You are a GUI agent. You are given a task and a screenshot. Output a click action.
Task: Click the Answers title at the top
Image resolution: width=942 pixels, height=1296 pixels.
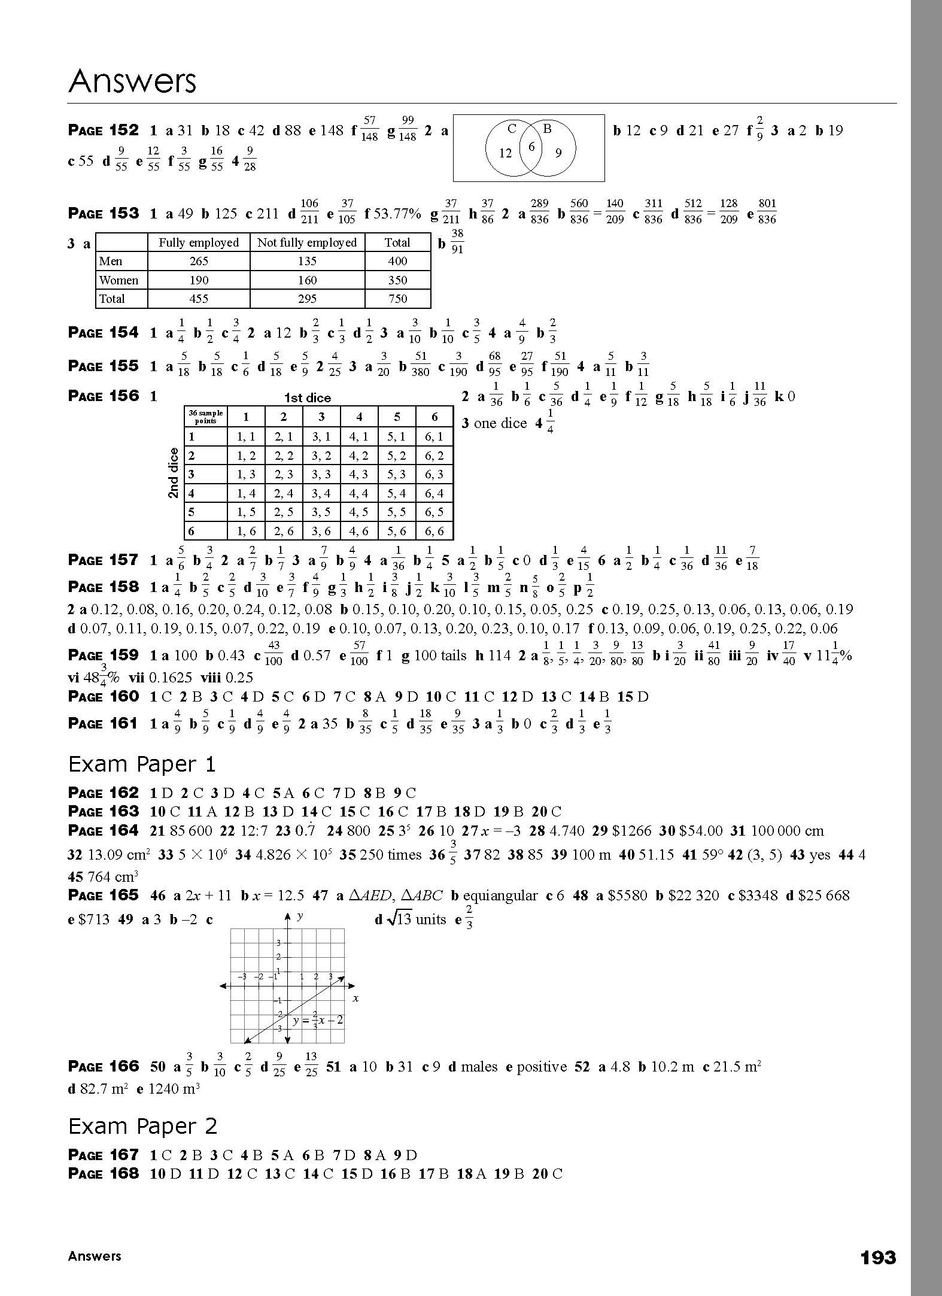point(132,81)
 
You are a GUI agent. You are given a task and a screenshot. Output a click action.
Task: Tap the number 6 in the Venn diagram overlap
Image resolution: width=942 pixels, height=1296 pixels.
point(531,146)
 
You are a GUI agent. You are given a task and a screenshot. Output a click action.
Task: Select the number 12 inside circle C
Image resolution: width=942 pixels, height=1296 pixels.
point(506,153)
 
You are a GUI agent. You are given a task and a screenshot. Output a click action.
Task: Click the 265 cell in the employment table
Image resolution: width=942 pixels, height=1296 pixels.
point(199,261)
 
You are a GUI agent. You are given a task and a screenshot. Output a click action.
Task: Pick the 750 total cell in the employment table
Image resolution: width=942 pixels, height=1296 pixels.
point(397,299)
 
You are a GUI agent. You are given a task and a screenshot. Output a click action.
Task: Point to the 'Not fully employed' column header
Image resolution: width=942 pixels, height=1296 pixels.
point(307,242)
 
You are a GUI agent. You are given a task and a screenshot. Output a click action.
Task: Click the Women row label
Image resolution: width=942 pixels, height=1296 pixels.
point(118,280)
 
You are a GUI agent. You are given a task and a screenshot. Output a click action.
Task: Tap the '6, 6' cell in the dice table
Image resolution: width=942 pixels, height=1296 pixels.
point(434,531)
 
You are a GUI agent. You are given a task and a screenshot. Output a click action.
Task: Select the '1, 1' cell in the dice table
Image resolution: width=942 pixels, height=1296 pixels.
point(247,436)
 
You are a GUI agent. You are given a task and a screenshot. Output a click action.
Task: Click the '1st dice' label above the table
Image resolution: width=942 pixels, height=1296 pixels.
point(307,398)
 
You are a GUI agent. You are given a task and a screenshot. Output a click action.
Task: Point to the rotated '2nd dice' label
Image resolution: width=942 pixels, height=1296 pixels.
point(174,473)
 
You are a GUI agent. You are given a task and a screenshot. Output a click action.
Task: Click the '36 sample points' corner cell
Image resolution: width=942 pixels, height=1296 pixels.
point(205,417)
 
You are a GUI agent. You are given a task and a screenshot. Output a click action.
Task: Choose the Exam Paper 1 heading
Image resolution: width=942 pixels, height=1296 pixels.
point(142,764)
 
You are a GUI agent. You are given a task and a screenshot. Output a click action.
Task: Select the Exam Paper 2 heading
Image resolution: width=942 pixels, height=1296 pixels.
point(142,1126)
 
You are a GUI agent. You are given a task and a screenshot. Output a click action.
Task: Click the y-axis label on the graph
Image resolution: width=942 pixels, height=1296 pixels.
point(300,916)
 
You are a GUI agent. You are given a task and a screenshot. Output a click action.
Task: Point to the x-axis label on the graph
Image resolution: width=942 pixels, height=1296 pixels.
point(355,998)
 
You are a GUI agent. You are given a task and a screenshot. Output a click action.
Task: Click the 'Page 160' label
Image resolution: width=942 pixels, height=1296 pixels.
point(104,696)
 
